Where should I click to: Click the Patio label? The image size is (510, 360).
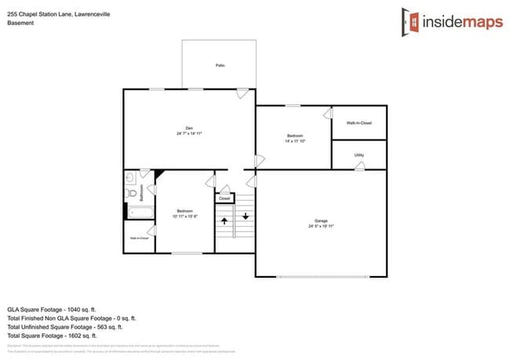tap(220, 65)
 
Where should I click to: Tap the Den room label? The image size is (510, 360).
tap(189, 128)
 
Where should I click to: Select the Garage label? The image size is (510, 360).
tap(321, 220)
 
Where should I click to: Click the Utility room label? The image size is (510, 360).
tap(359, 155)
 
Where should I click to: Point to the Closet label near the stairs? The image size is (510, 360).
tap(224, 198)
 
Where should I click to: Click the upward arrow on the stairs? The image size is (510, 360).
tap(224, 223)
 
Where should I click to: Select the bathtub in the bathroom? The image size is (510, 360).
tap(141, 212)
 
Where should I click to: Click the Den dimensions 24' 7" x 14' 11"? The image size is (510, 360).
tap(189, 134)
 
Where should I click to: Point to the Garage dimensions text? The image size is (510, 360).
tap(321, 226)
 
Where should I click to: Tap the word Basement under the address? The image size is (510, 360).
tap(20, 23)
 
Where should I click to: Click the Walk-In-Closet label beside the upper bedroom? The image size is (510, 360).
tap(359, 123)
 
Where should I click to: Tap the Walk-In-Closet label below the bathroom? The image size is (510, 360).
tap(138, 238)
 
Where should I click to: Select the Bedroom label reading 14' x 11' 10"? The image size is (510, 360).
tap(293, 139)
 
